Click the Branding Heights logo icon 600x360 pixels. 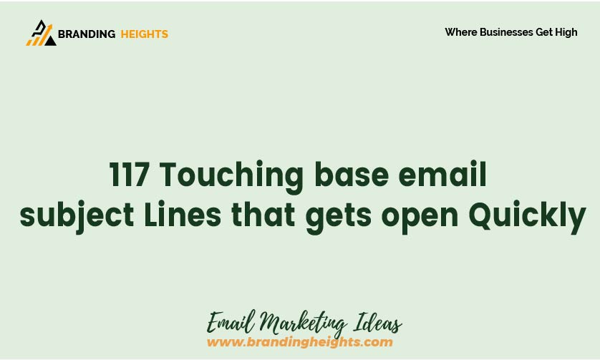(42, 33)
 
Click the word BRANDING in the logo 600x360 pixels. (87, 34)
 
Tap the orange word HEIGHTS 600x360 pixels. (144, 34)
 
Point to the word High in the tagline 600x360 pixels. (566, 32)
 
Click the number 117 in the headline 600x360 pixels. (130, 175)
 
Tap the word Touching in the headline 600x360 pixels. (231, 177)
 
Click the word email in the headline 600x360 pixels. (442, 174)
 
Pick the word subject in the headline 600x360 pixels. (77, 215)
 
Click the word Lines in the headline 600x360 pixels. (183, 214)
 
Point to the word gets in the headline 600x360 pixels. (339, 218)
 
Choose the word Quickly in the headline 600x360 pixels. (527, 217)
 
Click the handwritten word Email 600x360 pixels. (231, 322)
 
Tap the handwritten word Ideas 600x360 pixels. (377, 323)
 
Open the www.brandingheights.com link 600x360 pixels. (299, 341)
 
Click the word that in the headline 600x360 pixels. (263, 214)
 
